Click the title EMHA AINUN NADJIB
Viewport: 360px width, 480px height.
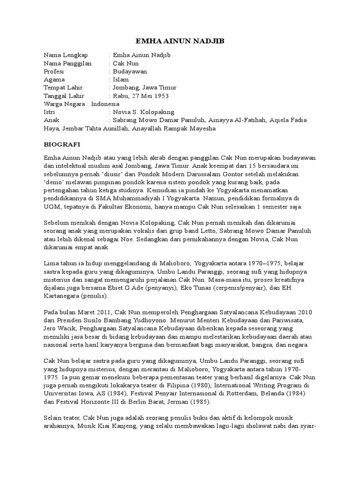pyautogui.click(x=180, y=42)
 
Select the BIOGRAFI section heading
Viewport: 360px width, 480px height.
pyautogui.click(x=60, y=145)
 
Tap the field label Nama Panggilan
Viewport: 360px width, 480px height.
pyautogui.click(x=67, y=63)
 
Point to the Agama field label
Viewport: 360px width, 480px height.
pyautogui.click(x=54, y=80)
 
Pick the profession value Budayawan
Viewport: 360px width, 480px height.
pyautogui.click(x=130, y=72)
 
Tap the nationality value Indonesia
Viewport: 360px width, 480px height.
pyautogui.click(x=105, y=104)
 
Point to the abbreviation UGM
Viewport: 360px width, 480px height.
pyautogui.click(x=51, y=207)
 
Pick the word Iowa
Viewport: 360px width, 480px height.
pyautogui.click(x=84, y=394)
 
